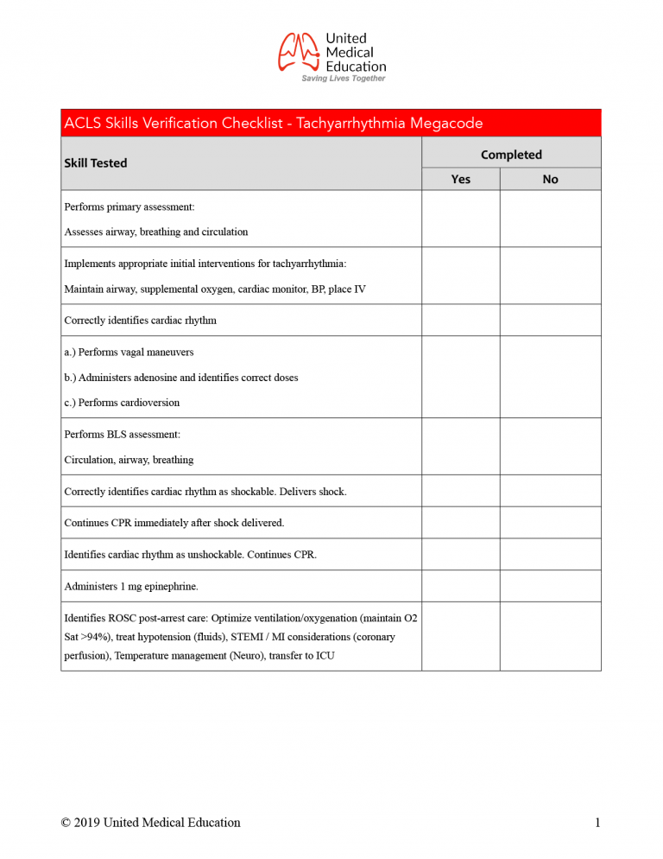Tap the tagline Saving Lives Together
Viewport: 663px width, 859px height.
coord(343,79)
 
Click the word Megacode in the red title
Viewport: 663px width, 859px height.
coord(445,124)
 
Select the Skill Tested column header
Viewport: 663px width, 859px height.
coord(96,163)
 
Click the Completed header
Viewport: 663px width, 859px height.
coord(511,155)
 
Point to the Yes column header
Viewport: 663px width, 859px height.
coord(461,180)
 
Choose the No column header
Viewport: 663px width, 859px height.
coord(550,180)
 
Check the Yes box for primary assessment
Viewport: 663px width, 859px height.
coord(461,219)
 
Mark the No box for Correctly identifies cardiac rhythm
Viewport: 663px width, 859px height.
coord(550,320)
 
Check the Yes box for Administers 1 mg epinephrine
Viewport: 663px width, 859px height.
coord(461,586)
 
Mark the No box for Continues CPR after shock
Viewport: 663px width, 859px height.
coord(550,523)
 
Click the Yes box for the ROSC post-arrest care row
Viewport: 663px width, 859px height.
coord(461,636)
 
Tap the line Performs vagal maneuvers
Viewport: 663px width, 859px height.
coord(129,353)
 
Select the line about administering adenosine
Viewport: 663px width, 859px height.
coord(181,378)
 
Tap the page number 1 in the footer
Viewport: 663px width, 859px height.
coord(597,823)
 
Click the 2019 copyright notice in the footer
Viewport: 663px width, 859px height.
coord(150,823)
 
